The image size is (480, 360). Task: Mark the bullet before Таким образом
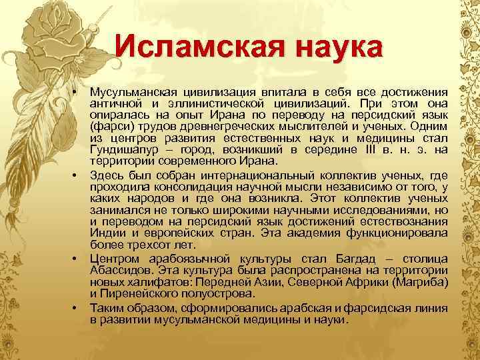tap(77, 305)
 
